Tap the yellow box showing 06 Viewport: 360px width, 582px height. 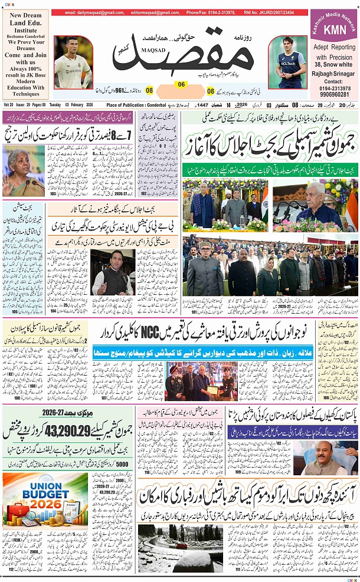[x=181, y=84]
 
